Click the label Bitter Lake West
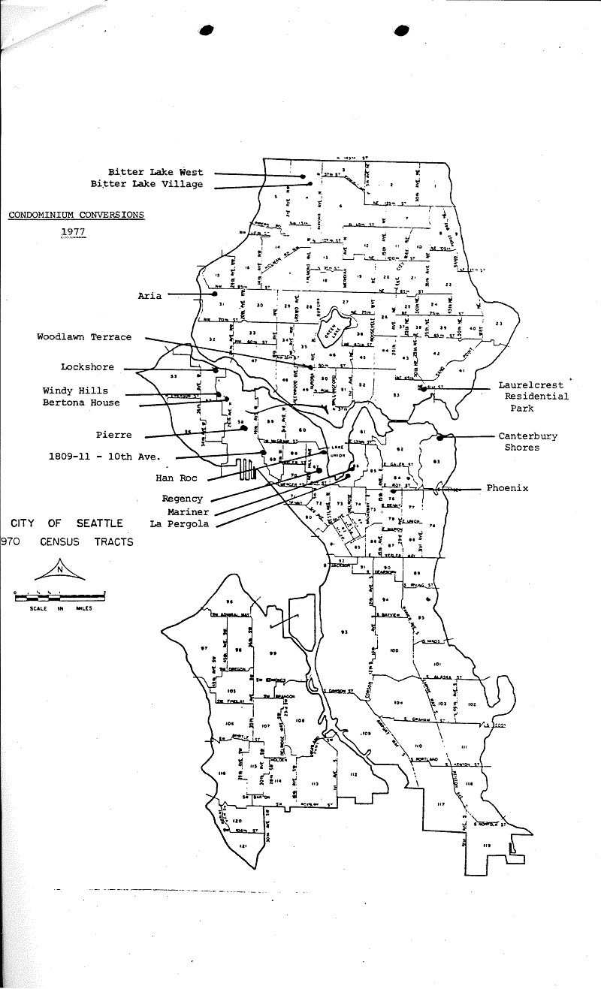coord(156,172)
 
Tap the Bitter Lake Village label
coord(146,184)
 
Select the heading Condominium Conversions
coord(77,215)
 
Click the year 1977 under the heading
coord(73,232)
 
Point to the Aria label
coord(149,296)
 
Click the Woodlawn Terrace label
coord(84,337)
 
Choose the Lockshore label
coord(89,367)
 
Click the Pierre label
coord(113,435)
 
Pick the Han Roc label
coord(175,478)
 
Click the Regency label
coord(182,499)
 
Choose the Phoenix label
coord(507,488)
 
